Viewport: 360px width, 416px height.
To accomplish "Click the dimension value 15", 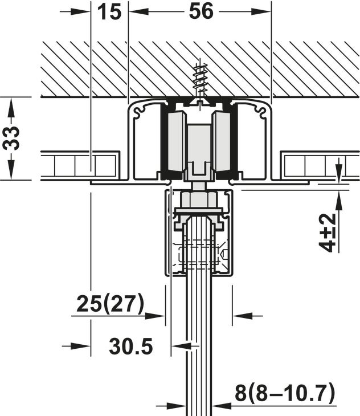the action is tap(109, 12).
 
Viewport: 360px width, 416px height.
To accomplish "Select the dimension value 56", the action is tap(201, 11).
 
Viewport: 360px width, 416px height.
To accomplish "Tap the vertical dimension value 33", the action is tap(11, 138).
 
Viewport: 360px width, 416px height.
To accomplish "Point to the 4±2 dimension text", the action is tap(327, 233).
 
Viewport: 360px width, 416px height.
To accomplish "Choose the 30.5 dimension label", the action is tap(131, 346).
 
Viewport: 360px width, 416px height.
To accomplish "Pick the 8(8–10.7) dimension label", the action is tap(285, 393).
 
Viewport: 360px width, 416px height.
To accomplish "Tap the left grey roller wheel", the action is tap(177, 142).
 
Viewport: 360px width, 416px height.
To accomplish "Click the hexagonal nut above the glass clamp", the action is tap(199, 199).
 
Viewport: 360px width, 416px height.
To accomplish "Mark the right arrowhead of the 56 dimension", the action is tap(261, 11).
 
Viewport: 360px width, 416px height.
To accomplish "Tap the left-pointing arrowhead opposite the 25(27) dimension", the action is tap(242, 316).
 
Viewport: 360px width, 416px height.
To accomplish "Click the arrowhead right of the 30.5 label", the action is tap(181, 346).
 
